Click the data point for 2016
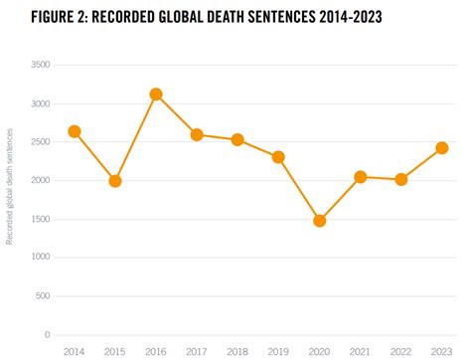point(155,94)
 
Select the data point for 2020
point(319,221)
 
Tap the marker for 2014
point(74,131)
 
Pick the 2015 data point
point(114,181)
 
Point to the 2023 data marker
point(441,148)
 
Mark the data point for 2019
point(278,157)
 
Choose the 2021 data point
point(360,177)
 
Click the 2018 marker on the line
point(237,140)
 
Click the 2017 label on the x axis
point(197,350)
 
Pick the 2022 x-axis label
point(400,350)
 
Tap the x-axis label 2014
point(74,350)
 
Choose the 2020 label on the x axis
point(319,350)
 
